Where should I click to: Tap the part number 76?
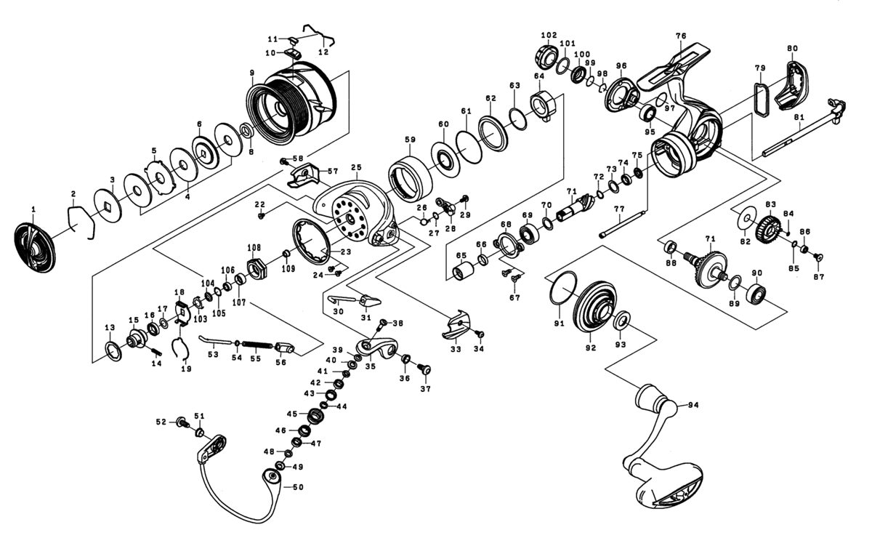[x=681, y=36]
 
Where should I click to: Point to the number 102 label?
[x=548, y=34]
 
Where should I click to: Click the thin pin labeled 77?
[x=622, y=224]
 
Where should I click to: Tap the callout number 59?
[x=410, y=140]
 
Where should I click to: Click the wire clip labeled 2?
[x=81, y=220]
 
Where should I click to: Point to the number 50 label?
[x=297, y=487]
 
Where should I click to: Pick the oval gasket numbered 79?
[x=760, y=99]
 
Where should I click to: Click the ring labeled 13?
[x=113, y=352]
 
